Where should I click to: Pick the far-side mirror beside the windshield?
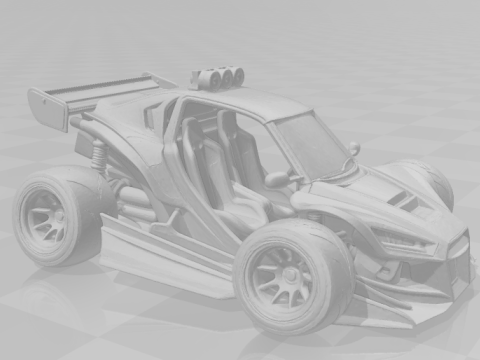click(x=354, y=148)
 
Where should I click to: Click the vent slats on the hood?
click(x=404, y=200)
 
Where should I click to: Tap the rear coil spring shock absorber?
click(x=99, y=155)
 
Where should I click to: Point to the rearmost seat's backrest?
click(x=190, y=150)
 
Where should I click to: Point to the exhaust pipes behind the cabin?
click(x=135, y=204)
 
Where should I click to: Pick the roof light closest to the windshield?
click(x=238, y=77)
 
